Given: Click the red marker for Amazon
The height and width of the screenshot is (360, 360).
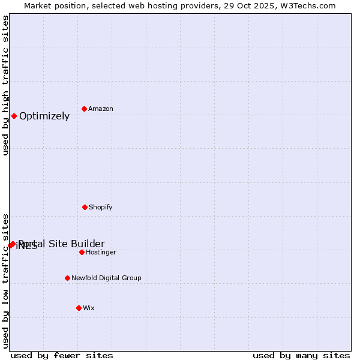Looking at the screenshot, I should click(x=84, y=109).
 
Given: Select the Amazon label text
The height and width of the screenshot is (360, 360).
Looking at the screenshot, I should click(x=101, y=109).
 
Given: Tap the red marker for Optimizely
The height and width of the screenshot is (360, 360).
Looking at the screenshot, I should click(x=14, y=116).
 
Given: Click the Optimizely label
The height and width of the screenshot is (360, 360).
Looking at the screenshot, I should click(x=44, y=116).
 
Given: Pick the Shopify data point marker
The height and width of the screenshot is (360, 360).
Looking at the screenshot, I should click(x=85, y=207).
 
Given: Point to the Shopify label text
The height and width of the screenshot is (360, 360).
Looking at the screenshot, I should click(x=100, y=208).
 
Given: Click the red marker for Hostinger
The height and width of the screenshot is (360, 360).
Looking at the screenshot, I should click(x=82, y=252).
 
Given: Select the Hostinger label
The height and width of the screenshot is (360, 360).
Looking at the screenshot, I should click(x=101, y=253).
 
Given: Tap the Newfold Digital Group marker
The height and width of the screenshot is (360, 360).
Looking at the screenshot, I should click(x=67, y=278).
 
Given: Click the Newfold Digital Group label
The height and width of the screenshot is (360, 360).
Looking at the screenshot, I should click(x=106, y=278).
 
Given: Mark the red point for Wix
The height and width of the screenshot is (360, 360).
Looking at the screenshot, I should click(x=79, y=308).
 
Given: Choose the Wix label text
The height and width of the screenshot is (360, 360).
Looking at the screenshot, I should click(x=89, y=308).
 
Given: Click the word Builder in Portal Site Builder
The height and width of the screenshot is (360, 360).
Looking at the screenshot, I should click(x=88, y=244).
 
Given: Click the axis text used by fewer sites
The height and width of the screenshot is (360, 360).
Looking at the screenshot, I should click(x=62, y=355).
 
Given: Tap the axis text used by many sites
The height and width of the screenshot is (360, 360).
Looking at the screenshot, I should click(x=301, y=355).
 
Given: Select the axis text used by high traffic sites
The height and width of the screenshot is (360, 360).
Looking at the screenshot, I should click(x=6, y=85).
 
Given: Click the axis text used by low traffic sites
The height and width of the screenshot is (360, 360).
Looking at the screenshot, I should click(x=6, y=281).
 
